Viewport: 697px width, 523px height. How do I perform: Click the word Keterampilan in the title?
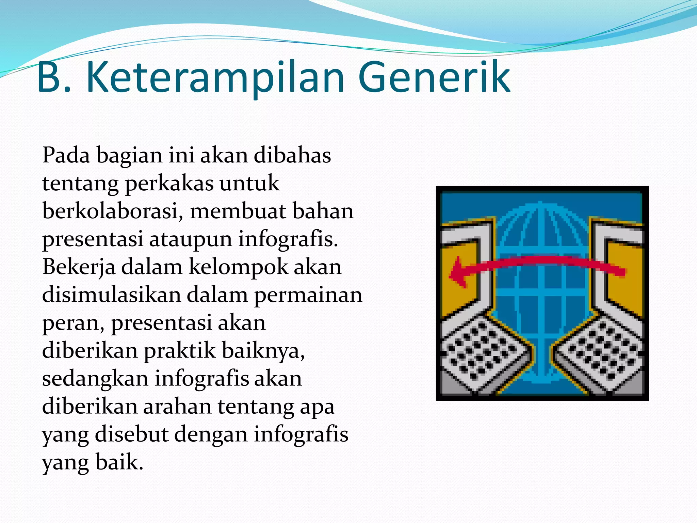pyautogui.click(x=215, y=78)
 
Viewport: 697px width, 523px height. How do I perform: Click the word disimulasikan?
pyautogui.click(x=111, y=295)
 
